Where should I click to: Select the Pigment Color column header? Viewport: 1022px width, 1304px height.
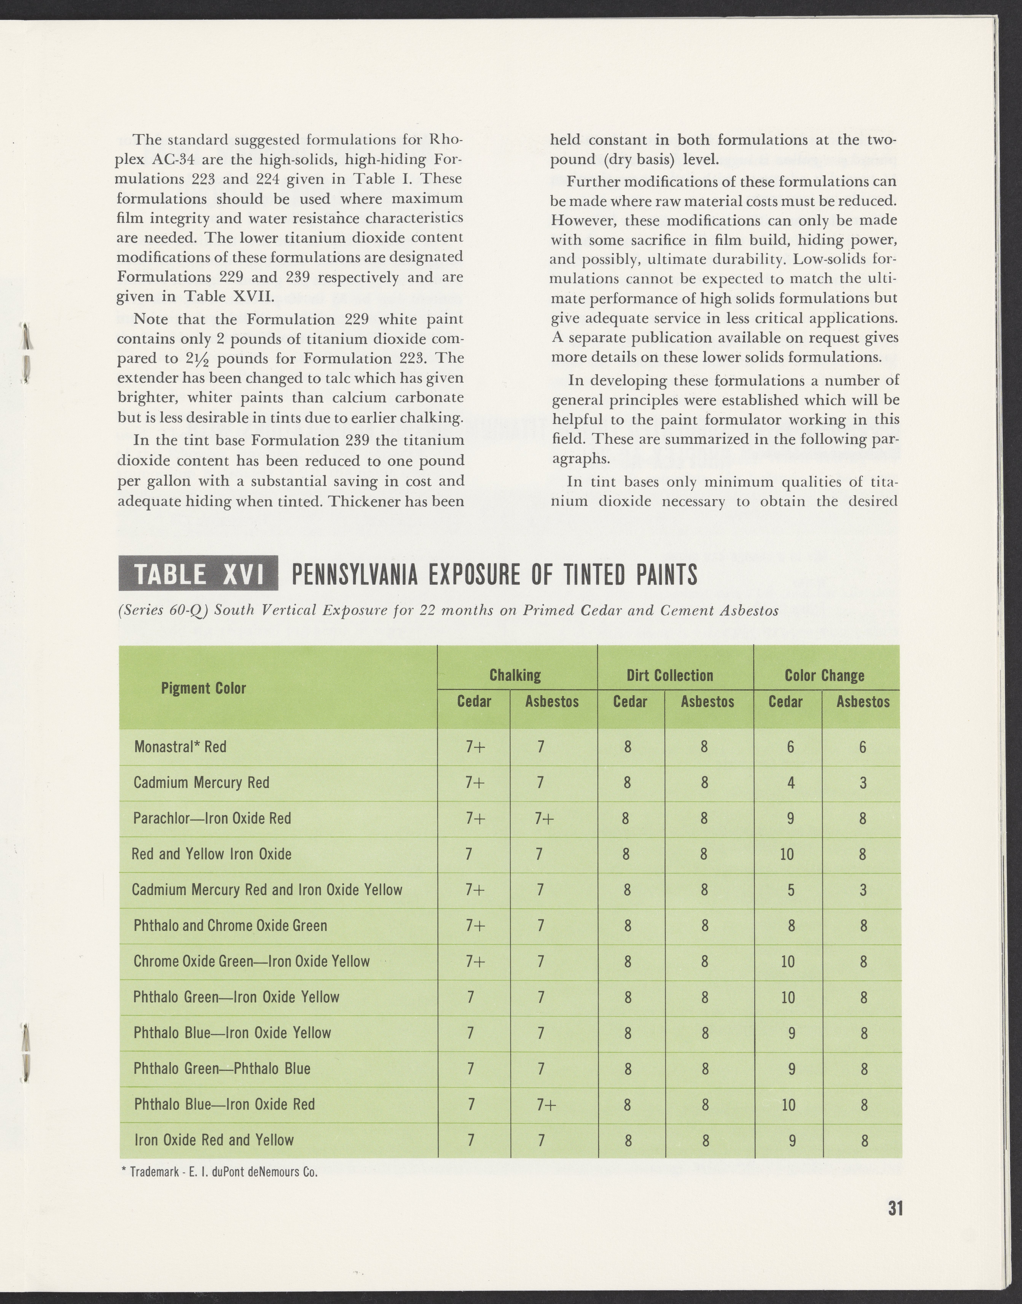(x=203, y=688)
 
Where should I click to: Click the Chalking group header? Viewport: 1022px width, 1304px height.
(x=515, y=675)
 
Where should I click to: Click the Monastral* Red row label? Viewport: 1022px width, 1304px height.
(x=180, y=747)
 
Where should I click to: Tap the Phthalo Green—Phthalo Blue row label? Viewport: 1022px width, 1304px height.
(x=222, y=1068)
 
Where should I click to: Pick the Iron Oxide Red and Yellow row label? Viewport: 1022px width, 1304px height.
(x=214, y=1139)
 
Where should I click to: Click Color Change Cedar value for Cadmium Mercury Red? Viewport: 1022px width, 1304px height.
(x=790, y=782)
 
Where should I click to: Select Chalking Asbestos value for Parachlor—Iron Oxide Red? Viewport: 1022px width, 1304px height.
(x=545, y=818)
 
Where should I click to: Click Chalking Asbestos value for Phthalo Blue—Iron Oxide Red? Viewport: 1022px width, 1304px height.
(x=546, y=1104)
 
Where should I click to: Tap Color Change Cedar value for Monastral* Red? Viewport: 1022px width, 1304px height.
(x=790, y=747)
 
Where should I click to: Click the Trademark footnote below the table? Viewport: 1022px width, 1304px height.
(x=219, y=1171)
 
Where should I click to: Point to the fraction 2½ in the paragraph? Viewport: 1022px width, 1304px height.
(x=193, y=359)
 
